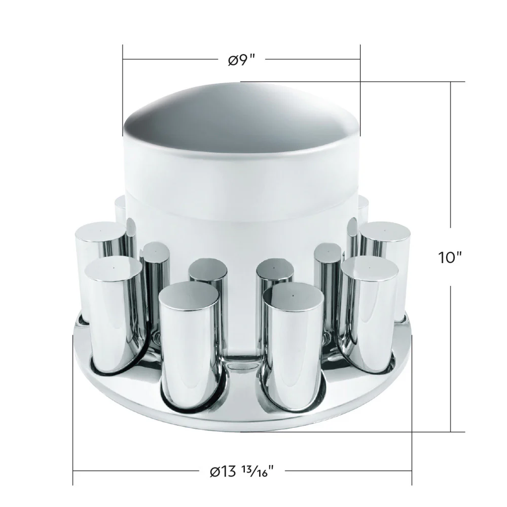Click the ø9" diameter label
point(241,60)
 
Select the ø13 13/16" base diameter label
point(242,472)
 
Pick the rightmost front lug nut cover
point(369,314)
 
